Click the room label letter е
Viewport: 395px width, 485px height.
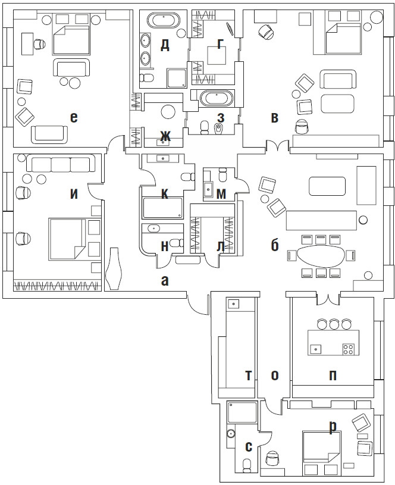tap(73, 117)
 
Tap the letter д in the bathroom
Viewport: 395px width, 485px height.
tap(165, 45)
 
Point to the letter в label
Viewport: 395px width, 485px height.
tap(274, 117)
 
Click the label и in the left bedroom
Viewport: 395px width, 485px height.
tap(73, 193)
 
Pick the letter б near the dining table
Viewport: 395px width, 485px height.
tap(274, 245)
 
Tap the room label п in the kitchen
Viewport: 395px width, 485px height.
tap(333, 375)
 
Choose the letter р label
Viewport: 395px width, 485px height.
tap(333, 425)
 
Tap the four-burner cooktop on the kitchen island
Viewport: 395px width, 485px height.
tap(349, 349)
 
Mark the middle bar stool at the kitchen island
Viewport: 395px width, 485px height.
tap(334, 324)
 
